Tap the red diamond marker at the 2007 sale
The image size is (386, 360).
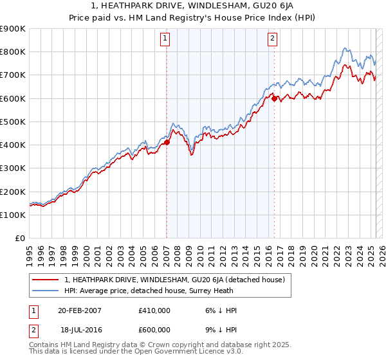(x=167, y=142)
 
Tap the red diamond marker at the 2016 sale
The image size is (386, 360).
(x=274, y=98)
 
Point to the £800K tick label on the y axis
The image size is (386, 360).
(x=13, y=52)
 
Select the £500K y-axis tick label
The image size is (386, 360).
(x=13, y=122)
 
